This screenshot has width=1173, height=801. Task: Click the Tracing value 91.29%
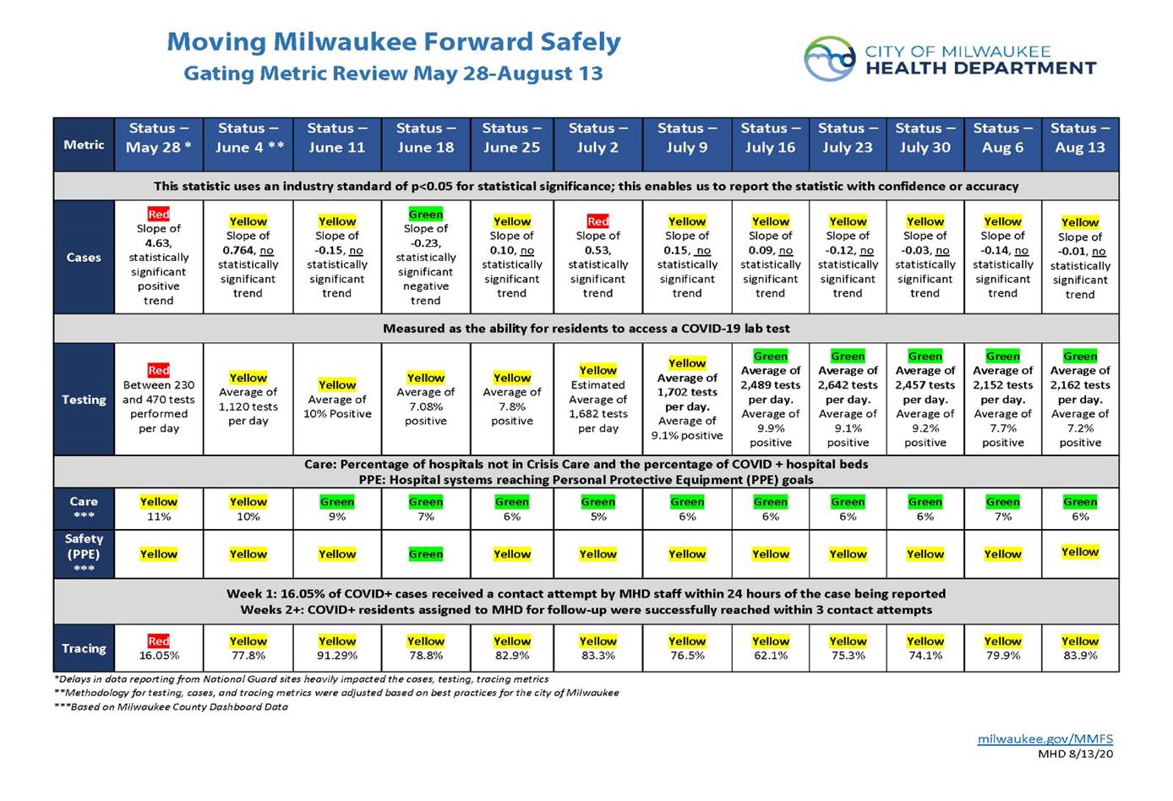click(336, 655)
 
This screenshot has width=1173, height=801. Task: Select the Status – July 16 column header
click(770, 138)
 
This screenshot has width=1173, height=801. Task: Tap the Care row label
click(84, 507)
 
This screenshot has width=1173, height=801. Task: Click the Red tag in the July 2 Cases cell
click(597, 221)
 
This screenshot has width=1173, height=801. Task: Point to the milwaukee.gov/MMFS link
click(1045, 738)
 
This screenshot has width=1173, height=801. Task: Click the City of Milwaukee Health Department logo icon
click(829, 59)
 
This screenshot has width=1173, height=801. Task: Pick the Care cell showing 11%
click(159, 509)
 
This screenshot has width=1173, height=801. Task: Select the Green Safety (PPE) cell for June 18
click(425, 554)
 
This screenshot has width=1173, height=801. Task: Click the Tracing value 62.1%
click(770, 655)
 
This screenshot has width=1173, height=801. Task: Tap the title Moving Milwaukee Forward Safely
click(393, 42)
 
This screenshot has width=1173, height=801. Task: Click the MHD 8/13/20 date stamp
click(1075, 754)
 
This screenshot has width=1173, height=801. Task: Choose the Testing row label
click(84, 399)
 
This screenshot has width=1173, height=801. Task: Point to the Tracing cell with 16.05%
click(159, 648)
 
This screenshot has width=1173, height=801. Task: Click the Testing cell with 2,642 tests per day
click(847, 399)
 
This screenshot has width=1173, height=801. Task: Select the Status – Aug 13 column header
click(1079, 138)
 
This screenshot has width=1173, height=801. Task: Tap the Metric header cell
click(84, 144)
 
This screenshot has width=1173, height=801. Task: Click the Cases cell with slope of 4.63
click(159, 257)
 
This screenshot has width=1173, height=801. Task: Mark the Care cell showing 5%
click(597, 509)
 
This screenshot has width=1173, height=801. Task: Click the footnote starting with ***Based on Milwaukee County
click(171, 706)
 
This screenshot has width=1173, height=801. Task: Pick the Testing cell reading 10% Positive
click(336, 399)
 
